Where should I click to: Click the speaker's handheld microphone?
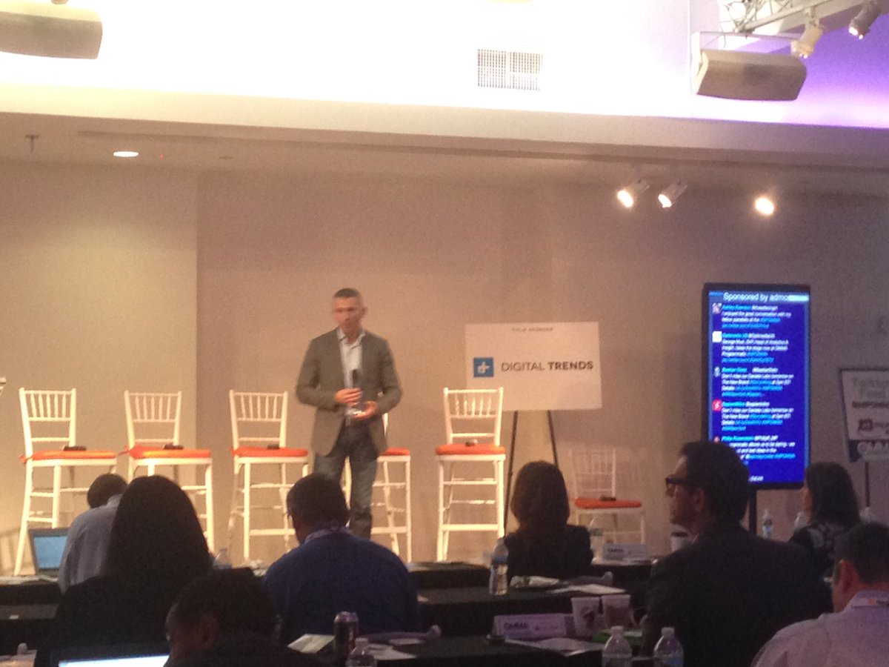355,379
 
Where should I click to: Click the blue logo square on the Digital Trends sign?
483,367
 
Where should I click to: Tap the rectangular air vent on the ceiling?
509,69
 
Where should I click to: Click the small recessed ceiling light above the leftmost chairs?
126,153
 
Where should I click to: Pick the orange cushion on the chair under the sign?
470,449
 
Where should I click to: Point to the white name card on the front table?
529,625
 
